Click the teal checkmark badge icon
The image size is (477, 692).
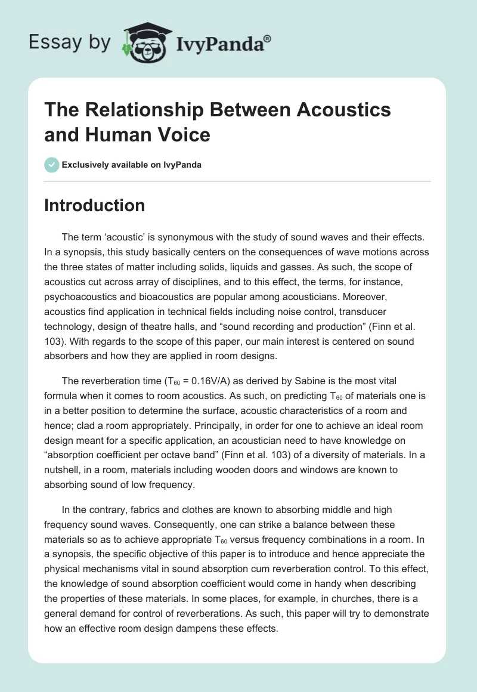click(x=51, y=165)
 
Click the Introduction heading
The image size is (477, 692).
click(x=95, y=205)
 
